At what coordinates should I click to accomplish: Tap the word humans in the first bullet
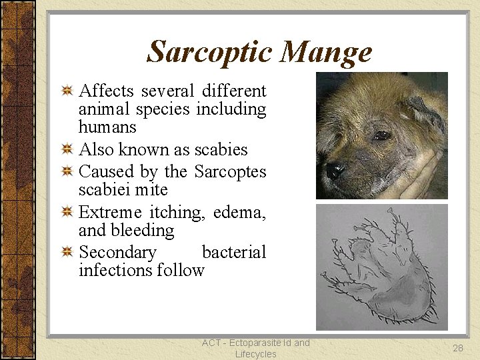click(x=107, y=127)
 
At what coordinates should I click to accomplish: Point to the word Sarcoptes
click(x=230, y=171)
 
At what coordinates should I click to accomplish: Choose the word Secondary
click(x=117, y=252)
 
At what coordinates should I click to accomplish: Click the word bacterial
click(x=233, y=252)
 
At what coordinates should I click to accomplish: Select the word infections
click(x=115, y=270)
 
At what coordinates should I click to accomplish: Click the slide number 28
click(x=457, y=348)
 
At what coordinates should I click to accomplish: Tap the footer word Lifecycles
click(x=255, y=354)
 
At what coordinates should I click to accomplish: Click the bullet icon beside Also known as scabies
click(x=67, y=149)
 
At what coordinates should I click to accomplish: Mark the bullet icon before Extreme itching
click(x=67, y=213)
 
